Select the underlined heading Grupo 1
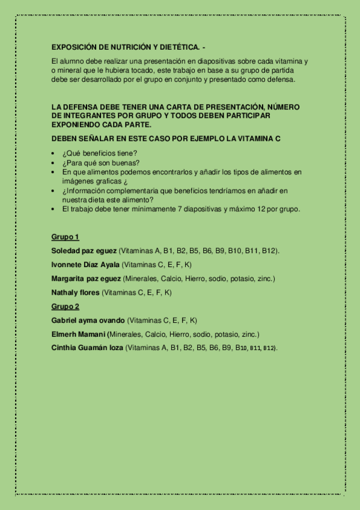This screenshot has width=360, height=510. (66, 237)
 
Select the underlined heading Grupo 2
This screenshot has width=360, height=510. (66, 307)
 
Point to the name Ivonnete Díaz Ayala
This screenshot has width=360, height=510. (86, 265)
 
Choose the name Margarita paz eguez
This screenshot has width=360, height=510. (86, 278)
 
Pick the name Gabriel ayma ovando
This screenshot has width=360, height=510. (88, 321)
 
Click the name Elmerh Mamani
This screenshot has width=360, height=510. (79, 334)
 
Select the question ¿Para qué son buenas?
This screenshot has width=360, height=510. (101, 162)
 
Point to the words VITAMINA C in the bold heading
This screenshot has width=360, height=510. (260, 139)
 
